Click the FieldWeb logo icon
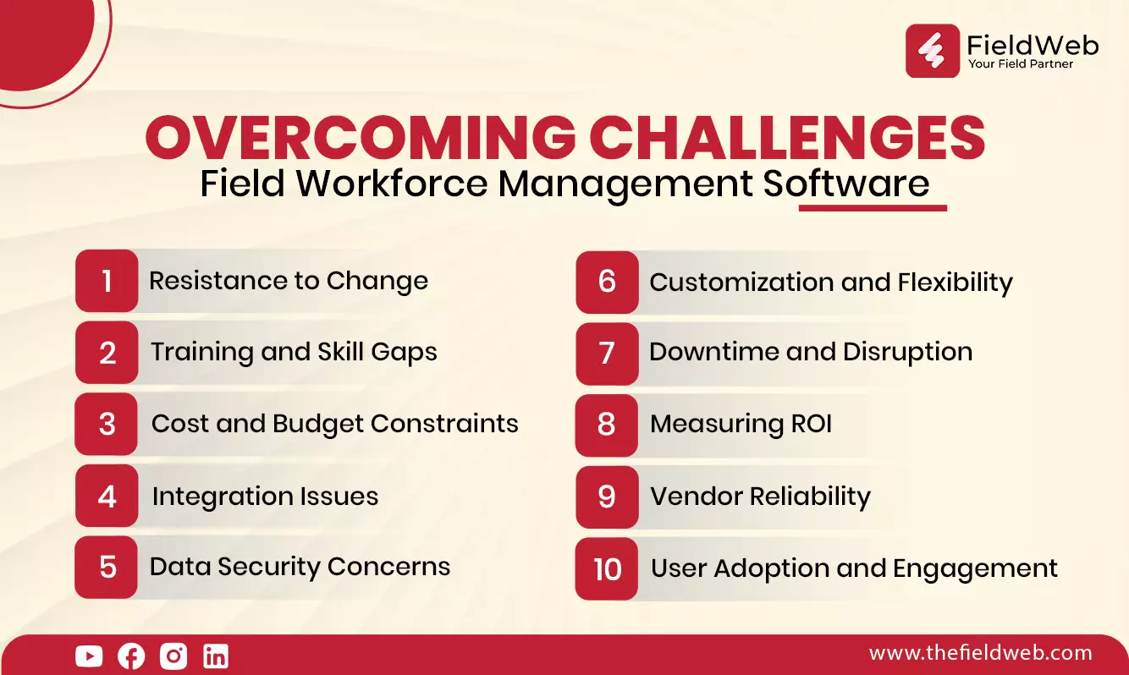pyautogui.click(x=933, y=51)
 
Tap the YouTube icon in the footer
pyautogui.click(x=89, y=656)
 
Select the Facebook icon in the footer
pyautogui.click(x=131, y=656)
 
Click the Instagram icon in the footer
pyautogui.click(x=173, y=656)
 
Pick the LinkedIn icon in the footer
pyautogui.click(x=216, y=656)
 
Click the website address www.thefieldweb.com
pyautogui.click(x=980, y=653)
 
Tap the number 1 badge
pyautogui.click(x=107, y=281)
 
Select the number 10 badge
pyautogui.click(x=606, y=568)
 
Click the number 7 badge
pyautogui.click(x=607, y=354)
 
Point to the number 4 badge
pyautogui.click(x=107, y=496)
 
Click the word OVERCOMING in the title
pyautogui.click(x=361, y=137)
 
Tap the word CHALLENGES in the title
pyautogui.click(x=787, y=137)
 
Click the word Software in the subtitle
pyautogui.click(x=846, y=183)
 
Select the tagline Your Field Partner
pyautogui.click(x=1021, y=64)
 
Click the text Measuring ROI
pyautogui.click(x=741, y=424)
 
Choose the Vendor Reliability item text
pyautogui.click(x=761, y=497)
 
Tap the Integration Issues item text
pyautogui.click(x=265, y=497)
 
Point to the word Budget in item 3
pyautogui.click(x=317, y=424)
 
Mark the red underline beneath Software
pyautogui.click(x=873, y=208)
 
